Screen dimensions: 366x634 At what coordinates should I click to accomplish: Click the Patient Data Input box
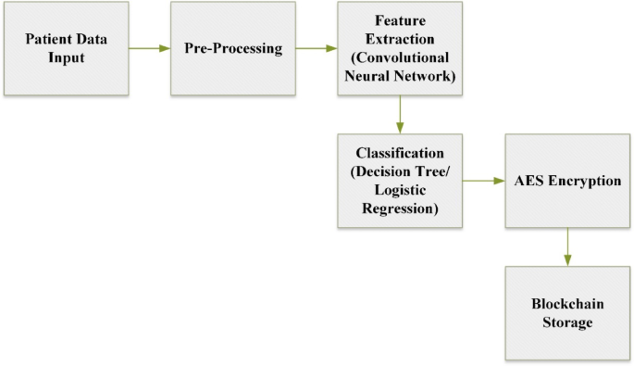click(x=67, y=49)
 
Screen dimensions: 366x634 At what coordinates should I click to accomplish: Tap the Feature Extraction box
click(x=399, y=49)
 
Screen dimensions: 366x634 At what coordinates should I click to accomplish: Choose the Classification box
click(x=399, y=181)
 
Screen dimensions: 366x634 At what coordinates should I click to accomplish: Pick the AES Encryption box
click(x=567, y=181)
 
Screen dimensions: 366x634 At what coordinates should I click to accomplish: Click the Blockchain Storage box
click(x=567, y=313)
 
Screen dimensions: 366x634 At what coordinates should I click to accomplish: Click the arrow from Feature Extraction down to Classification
click(x=399, y=115)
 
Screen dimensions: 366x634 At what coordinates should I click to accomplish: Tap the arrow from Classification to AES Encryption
click(x=483, y=181)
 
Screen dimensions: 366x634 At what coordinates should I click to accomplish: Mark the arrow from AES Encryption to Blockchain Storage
click(x=567, y=246)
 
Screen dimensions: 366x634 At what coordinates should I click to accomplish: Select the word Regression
click(x=399, y=210)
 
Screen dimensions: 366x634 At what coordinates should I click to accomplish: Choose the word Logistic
click(x=399, y=191)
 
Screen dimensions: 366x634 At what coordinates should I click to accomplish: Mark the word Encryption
click(x=583, y=181)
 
